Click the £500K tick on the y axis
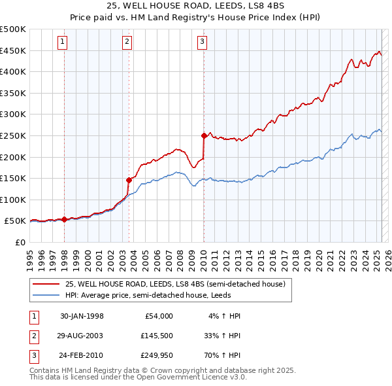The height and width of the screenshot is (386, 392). pyautogui.click(x=14, y=29)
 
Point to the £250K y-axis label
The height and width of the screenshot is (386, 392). pyautogui.click(x=14, y=135)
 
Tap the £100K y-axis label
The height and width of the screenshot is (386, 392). pyautogui.click(x=14, y=200)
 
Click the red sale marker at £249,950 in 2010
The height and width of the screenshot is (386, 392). pyautogui.click(x=204, y=136)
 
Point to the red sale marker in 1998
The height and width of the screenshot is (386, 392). pyautogui.click(x=65, y=220)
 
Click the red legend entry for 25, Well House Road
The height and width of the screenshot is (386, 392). pyautogui.click(x=175, y=285)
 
